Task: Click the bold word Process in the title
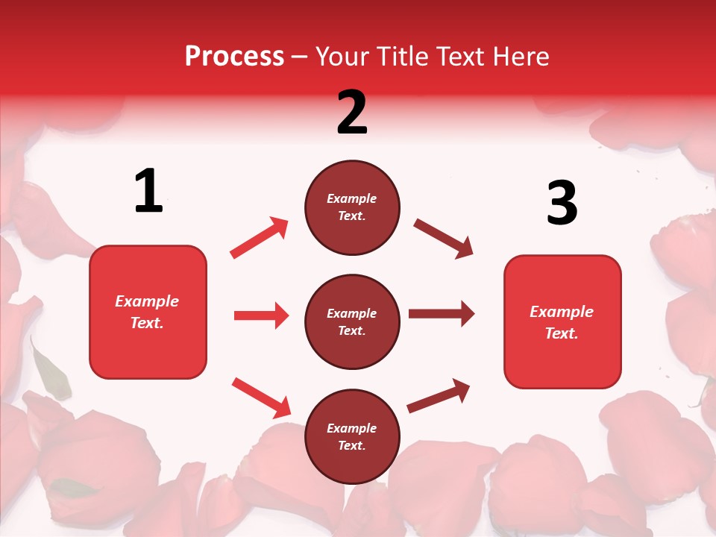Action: pyautogui.click(x=234, y=57)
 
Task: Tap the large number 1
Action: pyautogui.click(x=148, y=191)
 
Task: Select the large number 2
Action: pyautogui.click(x=352, y=113)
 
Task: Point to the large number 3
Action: pyautogui.click(x=562, y=203)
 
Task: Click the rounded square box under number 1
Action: pyautogui.click(x=148, y=312)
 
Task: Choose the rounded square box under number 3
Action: pyautogui.click(x=562, y=321)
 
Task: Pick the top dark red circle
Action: pyautogui.click(x=352, y=207)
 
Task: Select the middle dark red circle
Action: pyautogui.click(x=352, y=321)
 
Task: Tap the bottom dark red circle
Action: pyautogui.click(x=352, y=436)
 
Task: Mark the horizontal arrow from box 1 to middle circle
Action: pyautogui.click(x=261, y=315)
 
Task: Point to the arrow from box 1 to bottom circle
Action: pyautogui.click(x=261, y=398)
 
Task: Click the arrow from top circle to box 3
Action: pyautogui.click(x=443, y=239)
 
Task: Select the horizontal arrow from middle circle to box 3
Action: pyautogui.click(x=442, y=313)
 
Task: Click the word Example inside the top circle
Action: pyautogui.click(x=352, y=198)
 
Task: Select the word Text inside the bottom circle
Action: pyautogui.click(x=351, y=445)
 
